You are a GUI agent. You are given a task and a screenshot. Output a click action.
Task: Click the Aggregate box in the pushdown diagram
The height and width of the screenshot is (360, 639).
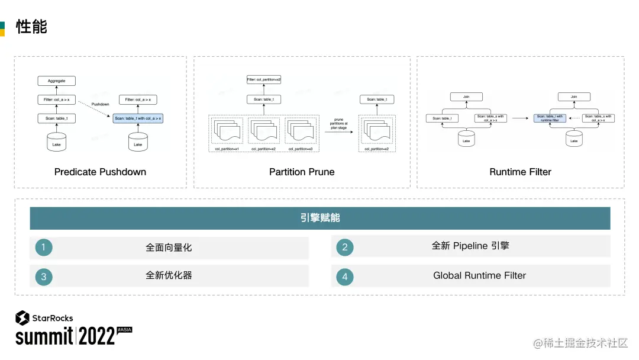pyautogui.click(x=57, y=81)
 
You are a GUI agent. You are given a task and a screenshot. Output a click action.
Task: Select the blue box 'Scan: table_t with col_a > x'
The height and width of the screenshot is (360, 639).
pyautogui.click(x=138, y=118)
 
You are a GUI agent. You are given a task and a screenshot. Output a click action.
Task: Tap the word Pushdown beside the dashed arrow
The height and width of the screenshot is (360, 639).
pyautogui.click(x=100, y=104)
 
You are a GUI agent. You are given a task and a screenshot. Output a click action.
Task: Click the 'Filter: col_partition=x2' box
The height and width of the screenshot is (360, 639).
pyautogui.click(x=264, y=79)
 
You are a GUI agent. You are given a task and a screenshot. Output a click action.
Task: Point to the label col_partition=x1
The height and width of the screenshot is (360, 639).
pyautogui.click(x=227, y=149)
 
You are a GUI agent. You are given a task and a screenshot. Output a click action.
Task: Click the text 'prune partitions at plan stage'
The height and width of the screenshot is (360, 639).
pyautogui.click(x=338, y=123)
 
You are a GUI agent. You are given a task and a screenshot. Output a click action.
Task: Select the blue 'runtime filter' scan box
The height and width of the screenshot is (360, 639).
pyautogui.click(x=549, y=118)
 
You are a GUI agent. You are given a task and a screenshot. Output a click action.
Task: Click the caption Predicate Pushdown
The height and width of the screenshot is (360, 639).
pyautogui.click(x=100, y=172)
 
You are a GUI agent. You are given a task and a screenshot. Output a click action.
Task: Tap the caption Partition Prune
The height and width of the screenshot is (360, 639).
pyautogui.click(x=302, y=172)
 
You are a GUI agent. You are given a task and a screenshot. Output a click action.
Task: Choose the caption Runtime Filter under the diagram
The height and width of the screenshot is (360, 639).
pyautogui.click(x=520, y=172)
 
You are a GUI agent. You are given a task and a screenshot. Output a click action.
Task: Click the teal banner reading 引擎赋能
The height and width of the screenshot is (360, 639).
pyautogui.click(x=319, y=218)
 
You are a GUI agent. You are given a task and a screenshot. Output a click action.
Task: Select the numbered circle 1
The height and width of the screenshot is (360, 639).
pyautogui.click(x=43, y=247)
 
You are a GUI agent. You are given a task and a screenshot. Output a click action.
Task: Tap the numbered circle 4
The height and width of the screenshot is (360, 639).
pyautogui.click(x=344, y=277)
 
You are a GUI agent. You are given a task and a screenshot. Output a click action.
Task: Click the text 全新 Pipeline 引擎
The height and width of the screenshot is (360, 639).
pyautogui.click(x=470, y=246)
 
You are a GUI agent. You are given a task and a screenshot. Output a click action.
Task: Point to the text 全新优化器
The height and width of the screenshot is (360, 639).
pyautogui.click(x=169, y=275)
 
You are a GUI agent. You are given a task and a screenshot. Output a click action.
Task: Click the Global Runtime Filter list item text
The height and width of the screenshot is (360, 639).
pyautogui.click(x=479, y=275)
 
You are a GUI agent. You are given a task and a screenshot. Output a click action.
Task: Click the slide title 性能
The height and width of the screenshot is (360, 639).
pyautogui.click(x=31, y=26)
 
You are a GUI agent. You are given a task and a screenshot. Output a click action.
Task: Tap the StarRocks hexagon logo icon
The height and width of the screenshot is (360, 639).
pyautogui.click(x=22, y=318)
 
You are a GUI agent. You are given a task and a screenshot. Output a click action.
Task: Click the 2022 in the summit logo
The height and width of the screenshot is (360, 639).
pyautogui.click(x=96, y=336)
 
